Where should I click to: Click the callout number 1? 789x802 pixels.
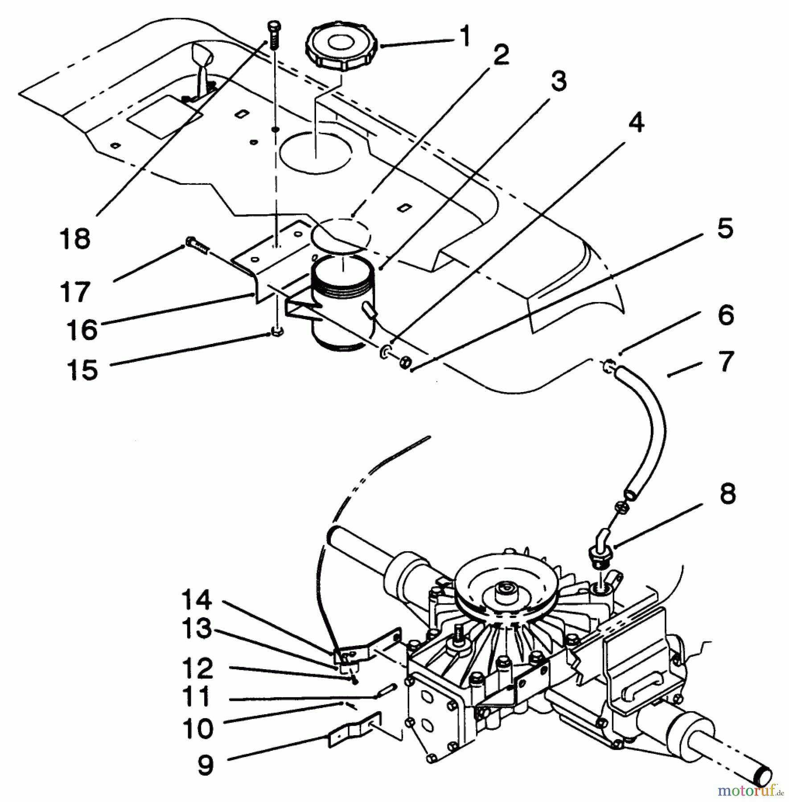[464, 37]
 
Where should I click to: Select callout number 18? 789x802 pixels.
[74, 238]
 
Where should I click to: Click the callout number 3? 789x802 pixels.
[558, 81]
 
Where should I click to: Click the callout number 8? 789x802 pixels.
[727, 495]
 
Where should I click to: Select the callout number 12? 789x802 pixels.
[197, 668]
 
